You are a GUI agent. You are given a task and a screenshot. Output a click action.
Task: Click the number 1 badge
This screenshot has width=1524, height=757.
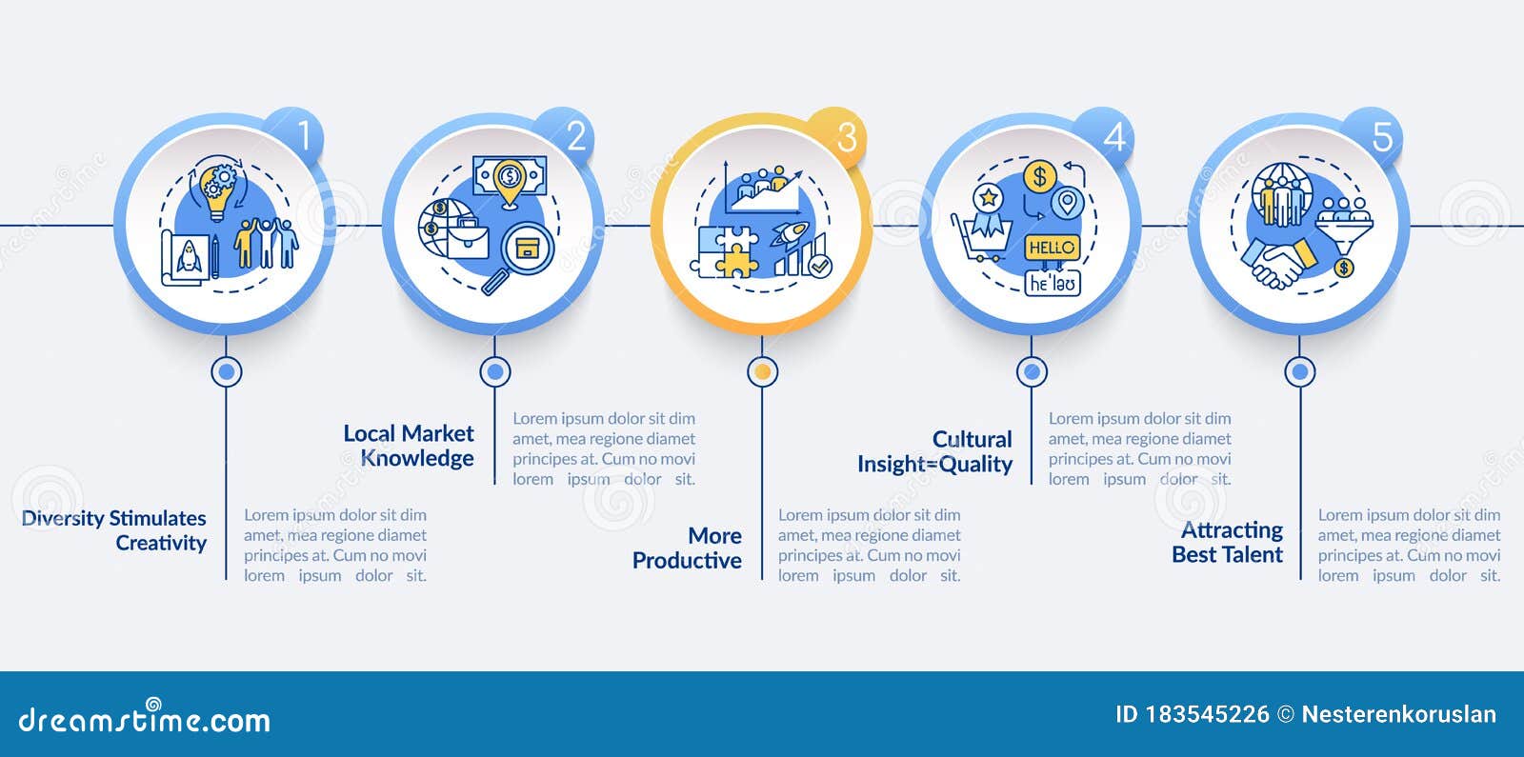coord(297,136)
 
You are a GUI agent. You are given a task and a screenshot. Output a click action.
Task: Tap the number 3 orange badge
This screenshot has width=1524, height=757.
coord(838,136)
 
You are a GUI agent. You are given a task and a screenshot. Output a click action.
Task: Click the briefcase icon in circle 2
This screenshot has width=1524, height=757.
coord(468,240)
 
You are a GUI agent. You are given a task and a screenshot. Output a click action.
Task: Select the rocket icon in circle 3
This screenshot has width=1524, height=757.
coord(790,233)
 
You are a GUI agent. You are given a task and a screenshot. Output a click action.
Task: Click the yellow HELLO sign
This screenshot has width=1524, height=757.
coord(1052,248)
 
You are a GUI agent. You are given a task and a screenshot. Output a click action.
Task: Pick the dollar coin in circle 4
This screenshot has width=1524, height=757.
coord(1039,177)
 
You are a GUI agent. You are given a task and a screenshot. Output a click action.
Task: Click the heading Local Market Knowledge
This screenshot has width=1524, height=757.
coord(409,446)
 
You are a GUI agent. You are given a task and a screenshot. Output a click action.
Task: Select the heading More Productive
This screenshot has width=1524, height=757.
coord(687,548)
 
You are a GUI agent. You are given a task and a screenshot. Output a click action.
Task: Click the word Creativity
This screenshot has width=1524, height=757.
coord(161,543)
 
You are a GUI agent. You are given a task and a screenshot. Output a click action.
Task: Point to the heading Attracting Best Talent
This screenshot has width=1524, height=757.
coord(1228,542)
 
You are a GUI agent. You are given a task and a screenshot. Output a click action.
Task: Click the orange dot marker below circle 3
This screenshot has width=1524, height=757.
coord(763,372)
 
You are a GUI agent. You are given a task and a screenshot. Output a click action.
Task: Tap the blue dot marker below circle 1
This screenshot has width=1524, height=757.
coord(227,372)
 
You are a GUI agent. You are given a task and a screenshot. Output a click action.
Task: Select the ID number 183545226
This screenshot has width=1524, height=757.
coord(1207,714)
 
